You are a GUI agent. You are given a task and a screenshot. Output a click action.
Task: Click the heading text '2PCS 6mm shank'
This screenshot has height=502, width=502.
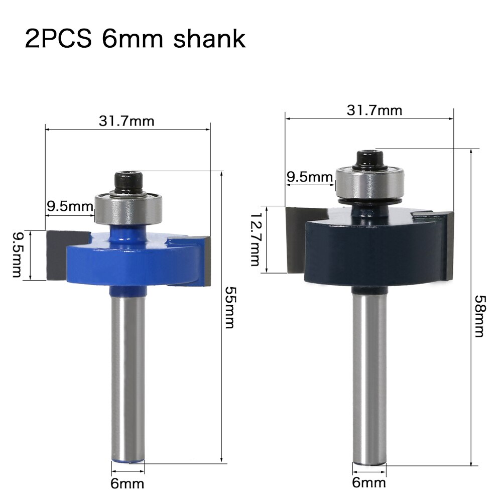pos(135,39)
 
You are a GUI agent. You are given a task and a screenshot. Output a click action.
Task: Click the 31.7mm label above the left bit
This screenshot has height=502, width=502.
pos(127,121)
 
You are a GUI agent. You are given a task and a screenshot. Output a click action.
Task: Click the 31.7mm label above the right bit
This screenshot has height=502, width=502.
pos(374,110)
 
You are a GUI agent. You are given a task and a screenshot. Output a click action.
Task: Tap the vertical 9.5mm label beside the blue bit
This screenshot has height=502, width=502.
pos(16,255)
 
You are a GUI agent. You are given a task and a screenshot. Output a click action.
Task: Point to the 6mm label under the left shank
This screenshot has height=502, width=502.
pos(128,483)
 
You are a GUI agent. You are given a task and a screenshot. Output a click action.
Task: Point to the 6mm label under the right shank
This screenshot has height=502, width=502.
pos(369,482)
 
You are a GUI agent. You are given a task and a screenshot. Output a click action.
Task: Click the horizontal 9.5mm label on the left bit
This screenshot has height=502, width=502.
pos(70,206)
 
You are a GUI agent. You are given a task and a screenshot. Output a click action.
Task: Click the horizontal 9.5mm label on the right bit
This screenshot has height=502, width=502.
pos(310,177)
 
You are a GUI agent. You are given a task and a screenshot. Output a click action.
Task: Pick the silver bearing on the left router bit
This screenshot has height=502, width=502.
pos(129,208)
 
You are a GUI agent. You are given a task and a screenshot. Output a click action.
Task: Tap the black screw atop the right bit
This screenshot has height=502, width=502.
pos(369,160)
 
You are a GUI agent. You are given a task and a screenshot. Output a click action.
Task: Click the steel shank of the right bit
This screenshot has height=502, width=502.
pos(369,376)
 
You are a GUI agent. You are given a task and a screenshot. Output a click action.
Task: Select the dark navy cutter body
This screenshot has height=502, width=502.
pos(371,246)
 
